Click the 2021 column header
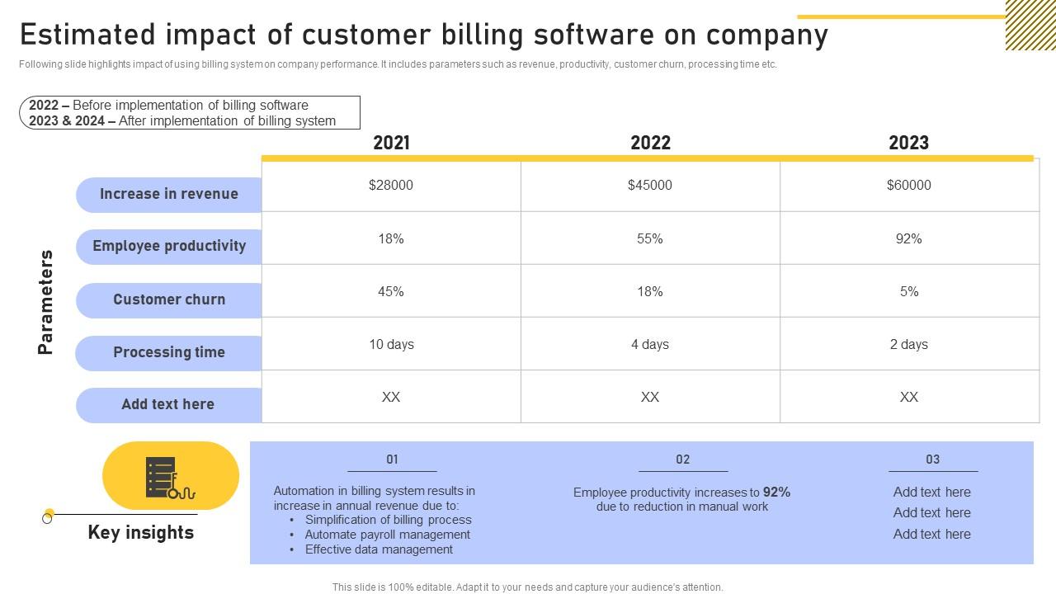point(391,143)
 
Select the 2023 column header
point(908,143)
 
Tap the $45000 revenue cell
point(650,186)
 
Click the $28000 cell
point(391,186)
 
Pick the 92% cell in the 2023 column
point(908,238)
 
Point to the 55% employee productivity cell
point(650,238)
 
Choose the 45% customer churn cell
point(391,291)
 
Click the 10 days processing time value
point(391,344)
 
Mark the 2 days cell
point(908,344)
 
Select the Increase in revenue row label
point(169,194)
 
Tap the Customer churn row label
point(169,299)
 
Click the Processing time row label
point(169,352)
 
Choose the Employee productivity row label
point(169,246)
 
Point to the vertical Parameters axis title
point(46,302)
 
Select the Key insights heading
point(141,532)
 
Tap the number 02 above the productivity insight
point(682,460)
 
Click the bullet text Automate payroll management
point(388,535)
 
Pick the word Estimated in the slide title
point(88,35)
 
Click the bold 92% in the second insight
point(776,493)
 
